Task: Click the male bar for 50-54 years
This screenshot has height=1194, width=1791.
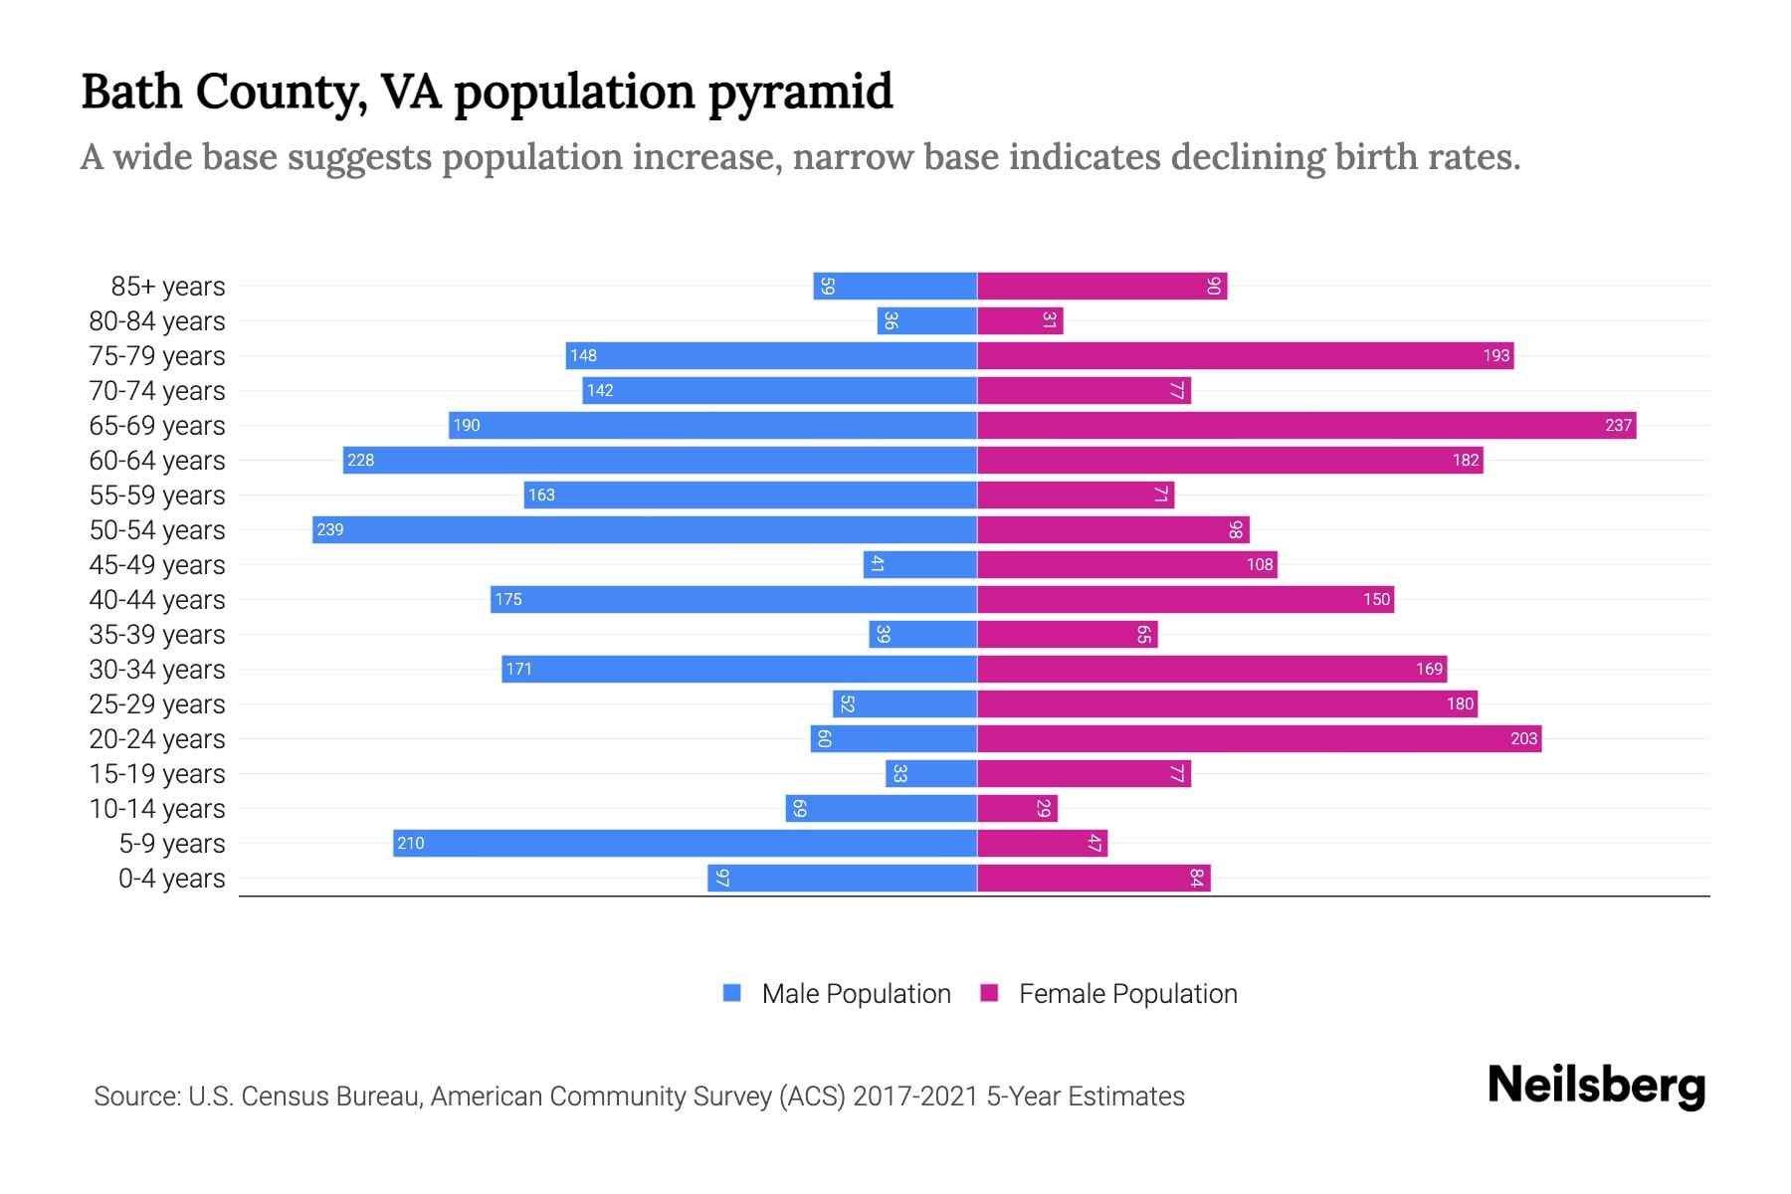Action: point(645,529)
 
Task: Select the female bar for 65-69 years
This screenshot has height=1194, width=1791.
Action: point(1306,425)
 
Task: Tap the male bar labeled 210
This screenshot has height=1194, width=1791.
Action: point(685,843)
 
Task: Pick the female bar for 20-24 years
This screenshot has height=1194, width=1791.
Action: point(1259,738)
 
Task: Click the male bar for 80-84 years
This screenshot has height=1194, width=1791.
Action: point(927,320)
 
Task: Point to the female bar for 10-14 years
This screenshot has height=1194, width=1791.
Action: point(1017,808)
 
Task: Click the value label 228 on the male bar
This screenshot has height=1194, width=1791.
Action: point(361,460)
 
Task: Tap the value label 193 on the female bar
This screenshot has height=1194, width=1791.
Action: point(1495,355)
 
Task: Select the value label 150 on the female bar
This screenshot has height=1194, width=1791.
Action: point(1376,599)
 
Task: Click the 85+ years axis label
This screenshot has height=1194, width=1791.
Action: point(168,287)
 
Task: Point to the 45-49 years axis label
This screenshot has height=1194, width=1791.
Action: point(157,565)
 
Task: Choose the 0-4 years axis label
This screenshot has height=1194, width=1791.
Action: point(171,879)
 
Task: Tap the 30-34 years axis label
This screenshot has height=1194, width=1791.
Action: point(157,670)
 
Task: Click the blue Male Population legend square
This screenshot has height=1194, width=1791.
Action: point(732,993)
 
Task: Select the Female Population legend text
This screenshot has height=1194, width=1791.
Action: point(1127,994)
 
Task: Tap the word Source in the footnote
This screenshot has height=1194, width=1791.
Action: point(136,1096)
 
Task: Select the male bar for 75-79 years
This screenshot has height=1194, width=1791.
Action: point(771,355)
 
